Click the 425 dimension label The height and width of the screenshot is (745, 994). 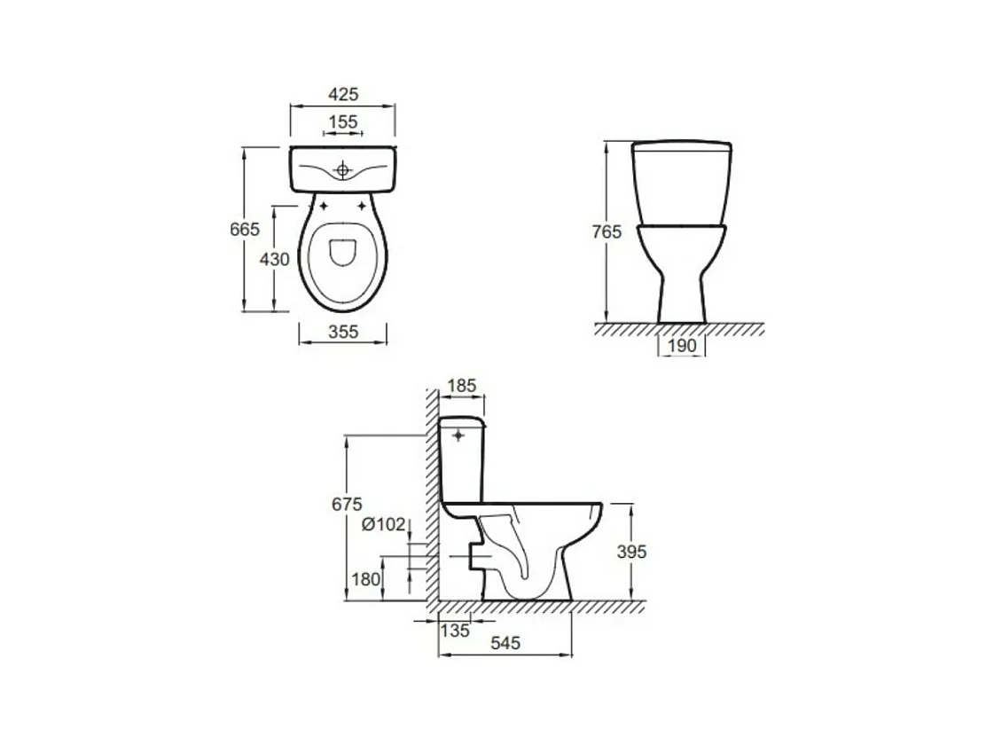point(343,94)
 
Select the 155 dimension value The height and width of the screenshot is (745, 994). point(343,122)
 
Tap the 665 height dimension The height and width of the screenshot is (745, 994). point(245,229)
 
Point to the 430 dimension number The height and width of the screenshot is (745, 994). point(275,259)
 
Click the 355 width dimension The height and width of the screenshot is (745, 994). point(343,331)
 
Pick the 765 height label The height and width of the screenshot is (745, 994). point(607,232)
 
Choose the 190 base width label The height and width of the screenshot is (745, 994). point(682,346)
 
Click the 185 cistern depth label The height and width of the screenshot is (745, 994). point(461,386)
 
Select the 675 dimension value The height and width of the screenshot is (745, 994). point(347,504)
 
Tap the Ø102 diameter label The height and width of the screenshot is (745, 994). point(384,524)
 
